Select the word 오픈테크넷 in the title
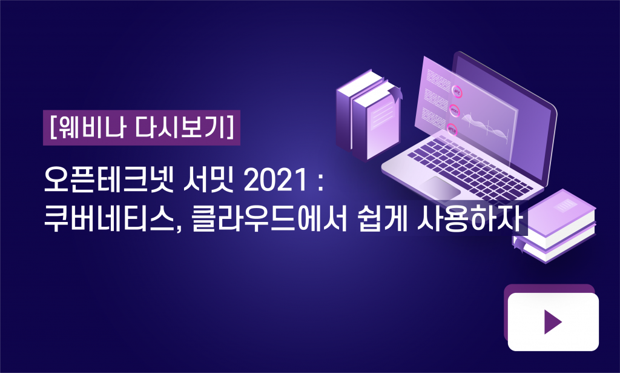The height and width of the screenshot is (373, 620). point(109,181)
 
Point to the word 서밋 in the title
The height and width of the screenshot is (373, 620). point(209,181)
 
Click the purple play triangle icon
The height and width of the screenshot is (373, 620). point(552,322)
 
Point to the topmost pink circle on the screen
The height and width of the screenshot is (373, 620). point(457,92)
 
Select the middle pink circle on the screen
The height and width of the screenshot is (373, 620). point(454,110)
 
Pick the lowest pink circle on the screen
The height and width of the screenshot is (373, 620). point(452,129)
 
